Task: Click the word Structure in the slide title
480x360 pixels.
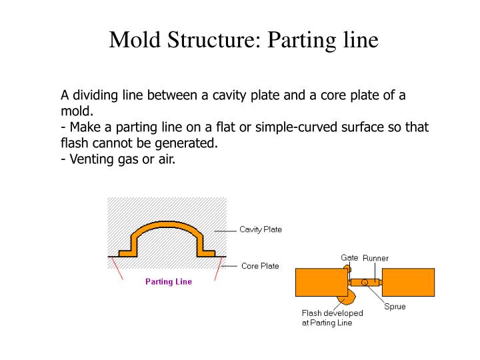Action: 214,39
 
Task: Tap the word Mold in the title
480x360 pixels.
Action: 135,39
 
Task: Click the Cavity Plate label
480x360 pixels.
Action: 261,229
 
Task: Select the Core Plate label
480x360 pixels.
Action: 260,266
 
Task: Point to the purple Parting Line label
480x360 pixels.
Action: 169,281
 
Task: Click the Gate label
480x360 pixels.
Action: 349,258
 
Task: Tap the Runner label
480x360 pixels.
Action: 375,259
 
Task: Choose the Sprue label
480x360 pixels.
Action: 395,307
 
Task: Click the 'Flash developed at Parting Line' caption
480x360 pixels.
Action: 332,318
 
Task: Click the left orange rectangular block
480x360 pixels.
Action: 321,282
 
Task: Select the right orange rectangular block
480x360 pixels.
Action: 408,282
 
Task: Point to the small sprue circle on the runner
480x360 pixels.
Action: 364,282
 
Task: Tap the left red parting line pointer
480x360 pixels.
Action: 117,268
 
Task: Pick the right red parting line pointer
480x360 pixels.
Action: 218,268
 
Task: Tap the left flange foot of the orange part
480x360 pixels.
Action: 127,253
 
